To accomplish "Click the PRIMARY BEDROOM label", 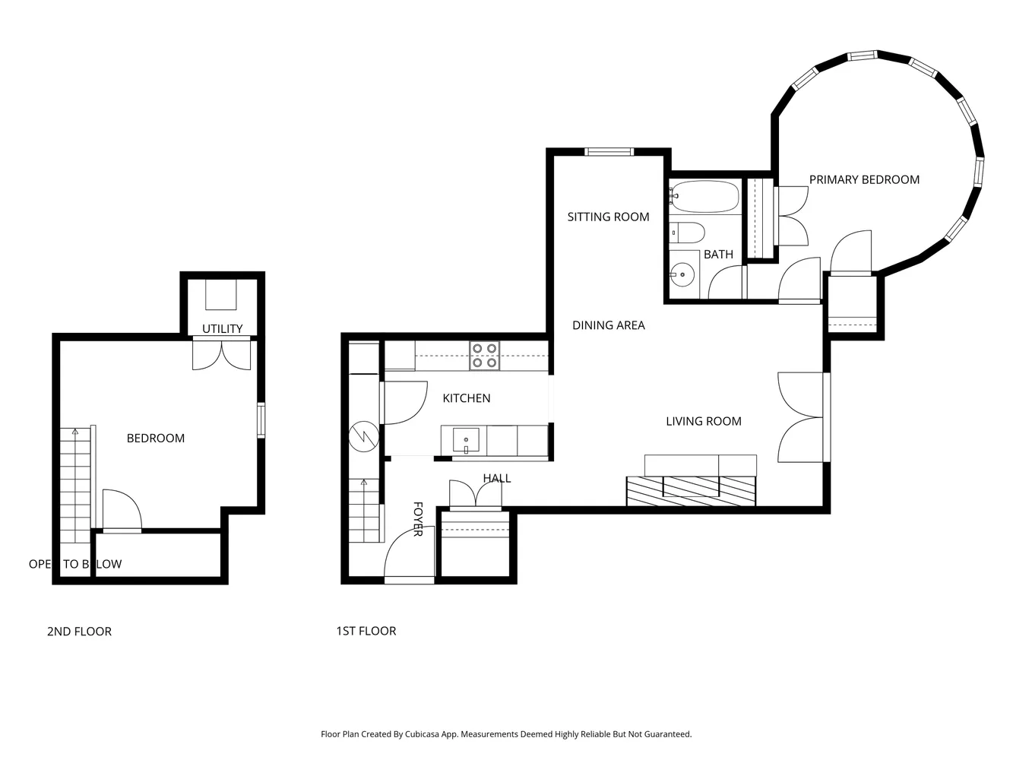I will click(x=864, y=180).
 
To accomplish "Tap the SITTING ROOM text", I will click(x=608, y=217).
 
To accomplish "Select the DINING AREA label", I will click(x=608, y=325).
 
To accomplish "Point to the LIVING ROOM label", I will click(x=703, y=422).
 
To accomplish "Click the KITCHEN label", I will click(x=466, y=398).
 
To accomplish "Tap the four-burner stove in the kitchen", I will click(x=484, y=356).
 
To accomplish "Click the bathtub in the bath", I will click(x=704, y=197).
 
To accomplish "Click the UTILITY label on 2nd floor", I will click(x=222, y=329).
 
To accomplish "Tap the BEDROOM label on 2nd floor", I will click(x=155, y=439).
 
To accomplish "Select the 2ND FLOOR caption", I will click(x=79, y=632).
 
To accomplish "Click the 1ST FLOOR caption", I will click(x=366, y=631).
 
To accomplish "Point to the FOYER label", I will click(x=417, y=518).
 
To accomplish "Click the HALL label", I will click(x=496, y=478).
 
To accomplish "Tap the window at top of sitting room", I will click(x=609, y=152).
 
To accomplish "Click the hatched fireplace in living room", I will click(x=691, y=491).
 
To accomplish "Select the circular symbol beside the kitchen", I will click(x=363, y=437).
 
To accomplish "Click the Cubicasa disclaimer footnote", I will click(x=506, y=734).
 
